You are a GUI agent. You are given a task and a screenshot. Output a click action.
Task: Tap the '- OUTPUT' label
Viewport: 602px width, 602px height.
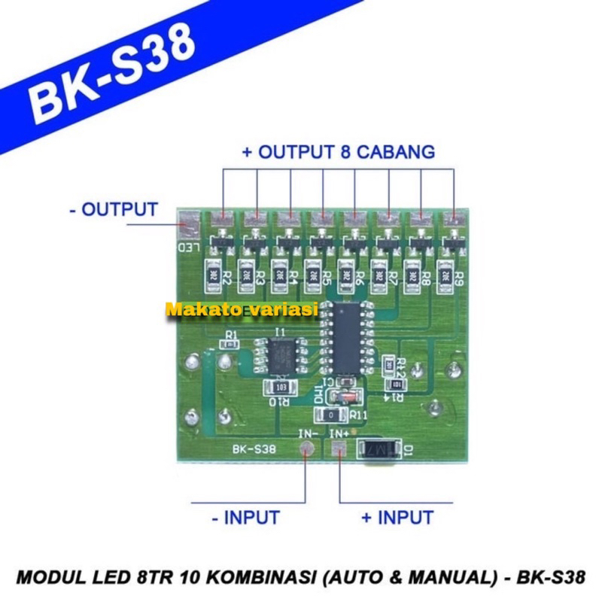pyautogui.click(x=113, y=208)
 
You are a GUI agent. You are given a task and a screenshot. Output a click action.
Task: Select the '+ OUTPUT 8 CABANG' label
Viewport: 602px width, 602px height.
pyautogui.click(x=338, y=151)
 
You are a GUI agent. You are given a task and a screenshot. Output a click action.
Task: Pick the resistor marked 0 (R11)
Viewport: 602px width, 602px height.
pyautogui.click(x=333, y=415)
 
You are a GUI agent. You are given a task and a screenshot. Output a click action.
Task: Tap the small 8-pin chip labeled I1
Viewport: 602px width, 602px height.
pyautogui.click(x=279, y=354)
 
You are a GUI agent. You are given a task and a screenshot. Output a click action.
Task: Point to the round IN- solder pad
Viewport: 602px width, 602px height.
pyautogui.click(x=306, y=450)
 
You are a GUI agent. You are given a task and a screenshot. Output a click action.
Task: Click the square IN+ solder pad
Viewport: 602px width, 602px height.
pyautogui.click(x=338, y=450)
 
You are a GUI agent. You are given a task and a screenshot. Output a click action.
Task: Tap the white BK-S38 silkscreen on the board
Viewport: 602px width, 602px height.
pyautogui.click(x=253, y=450)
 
